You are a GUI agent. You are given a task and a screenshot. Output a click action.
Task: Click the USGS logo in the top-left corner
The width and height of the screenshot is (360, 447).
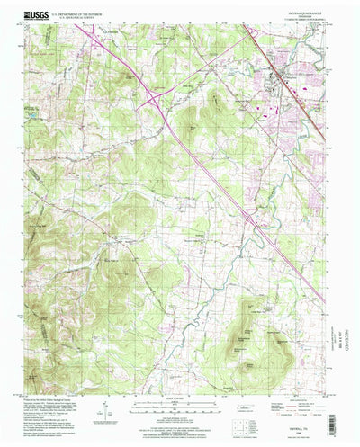click(x=38, y=16)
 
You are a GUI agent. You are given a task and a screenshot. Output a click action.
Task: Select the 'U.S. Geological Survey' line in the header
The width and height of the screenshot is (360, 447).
click(x=85, y=18)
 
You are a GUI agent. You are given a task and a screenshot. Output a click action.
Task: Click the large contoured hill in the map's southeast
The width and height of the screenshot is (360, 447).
click(x=247, y=333)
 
